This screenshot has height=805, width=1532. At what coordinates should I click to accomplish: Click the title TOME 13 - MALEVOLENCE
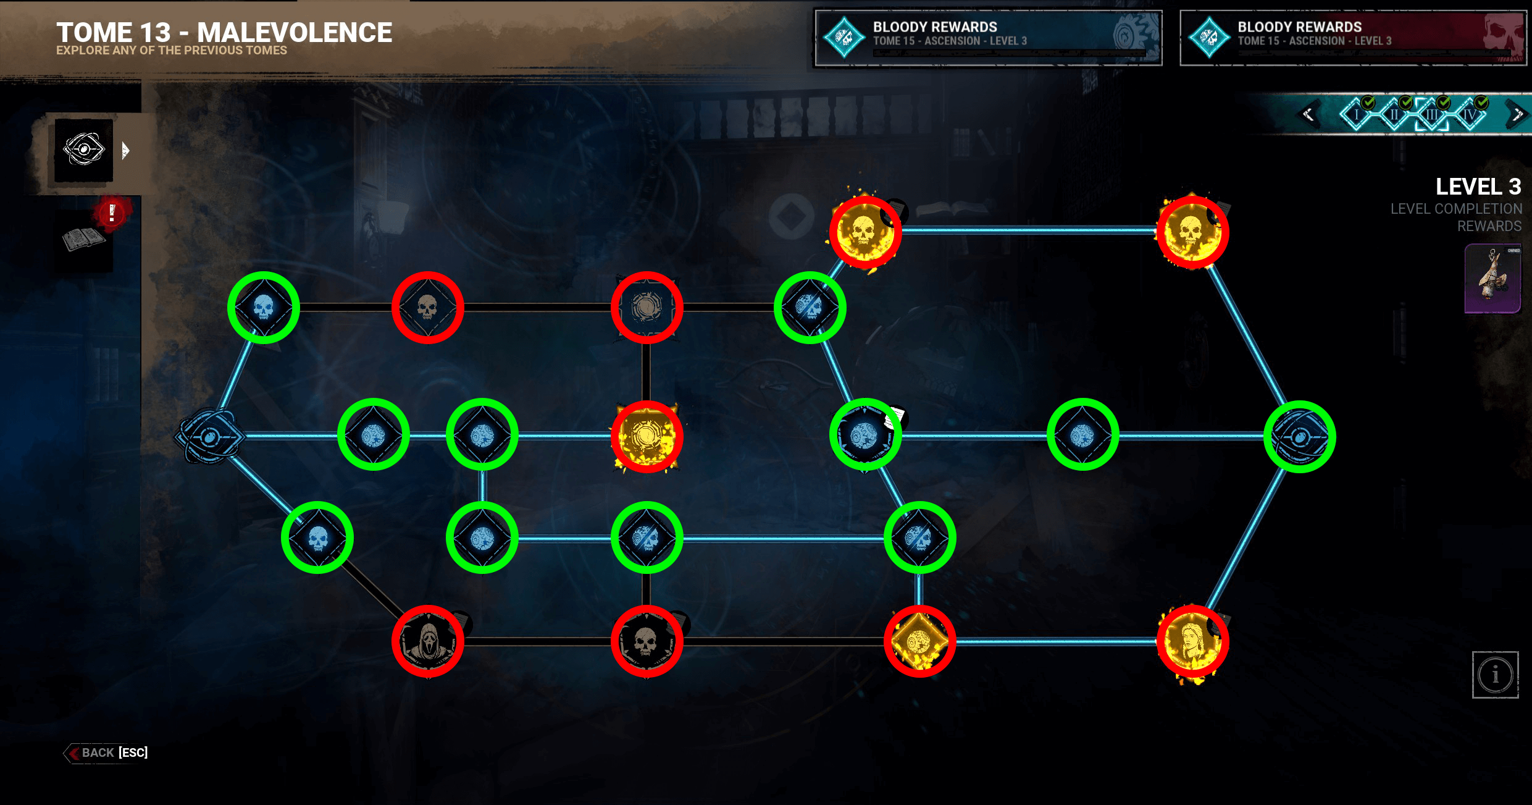point(224,32)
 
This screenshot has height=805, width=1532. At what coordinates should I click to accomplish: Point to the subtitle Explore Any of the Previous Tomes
point(171,51)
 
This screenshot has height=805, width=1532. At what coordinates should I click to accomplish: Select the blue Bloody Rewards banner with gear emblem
point(988,38)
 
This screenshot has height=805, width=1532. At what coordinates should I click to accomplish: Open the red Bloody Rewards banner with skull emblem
point(1352,38)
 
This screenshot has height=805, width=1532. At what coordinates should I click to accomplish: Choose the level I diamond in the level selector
point(1356,114)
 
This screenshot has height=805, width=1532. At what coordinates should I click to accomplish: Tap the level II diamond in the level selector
point(1394,114)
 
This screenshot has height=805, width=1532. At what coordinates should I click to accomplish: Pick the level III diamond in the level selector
point(1431,114)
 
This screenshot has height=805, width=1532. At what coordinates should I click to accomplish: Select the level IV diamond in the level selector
point(1470,114)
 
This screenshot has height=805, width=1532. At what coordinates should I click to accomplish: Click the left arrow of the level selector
point(1308,114)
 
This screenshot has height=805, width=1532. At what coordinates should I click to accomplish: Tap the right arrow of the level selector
point(1517,114)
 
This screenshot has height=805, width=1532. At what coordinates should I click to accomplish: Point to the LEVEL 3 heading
point(1478,187)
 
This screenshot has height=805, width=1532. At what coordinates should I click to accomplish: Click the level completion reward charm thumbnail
point(1492,279)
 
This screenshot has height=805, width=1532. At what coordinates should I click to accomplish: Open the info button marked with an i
point(1495,675)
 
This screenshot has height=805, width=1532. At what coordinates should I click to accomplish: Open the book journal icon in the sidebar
point(83,240)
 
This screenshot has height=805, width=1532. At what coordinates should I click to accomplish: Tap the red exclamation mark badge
point(112,213)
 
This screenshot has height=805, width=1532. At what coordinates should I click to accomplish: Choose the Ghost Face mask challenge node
point(427,641)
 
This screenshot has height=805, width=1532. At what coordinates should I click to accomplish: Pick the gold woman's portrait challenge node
point(1192,641)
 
